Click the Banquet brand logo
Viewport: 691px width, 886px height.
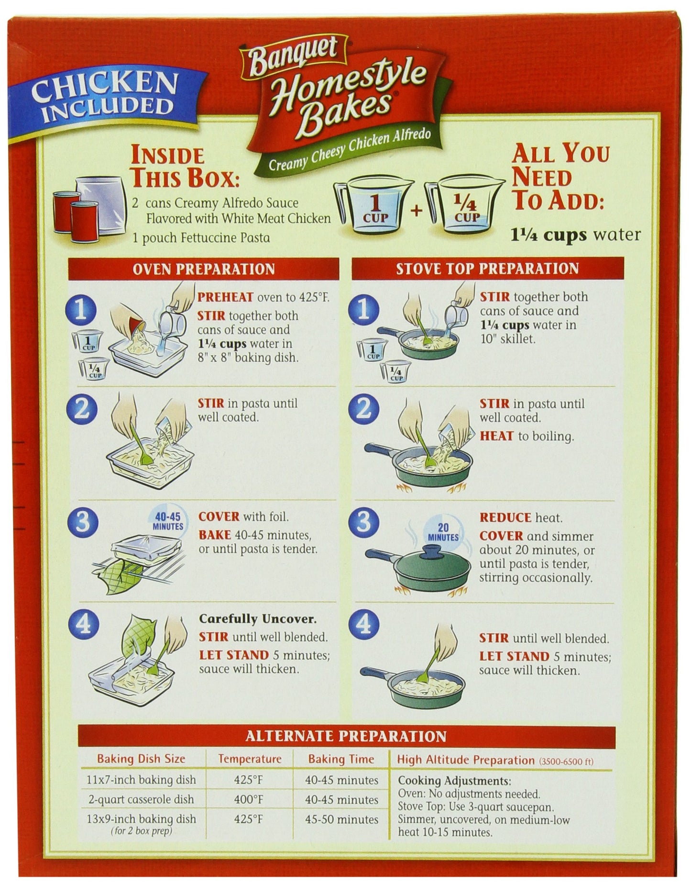tap(293, 56)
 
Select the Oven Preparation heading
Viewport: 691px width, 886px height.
tap(204, 269)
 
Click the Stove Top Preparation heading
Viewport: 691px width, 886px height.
tap(487, 269)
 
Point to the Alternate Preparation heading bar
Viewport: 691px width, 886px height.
tap(347, 736)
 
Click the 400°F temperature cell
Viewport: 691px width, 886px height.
tap(249, 799)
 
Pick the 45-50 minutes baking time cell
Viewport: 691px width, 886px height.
tap(341, 819)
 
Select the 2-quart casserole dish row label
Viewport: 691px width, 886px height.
tap(141, 799)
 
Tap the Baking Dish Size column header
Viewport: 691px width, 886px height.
tap(141, 759)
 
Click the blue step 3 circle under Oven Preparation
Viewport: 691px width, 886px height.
tap(83, 521)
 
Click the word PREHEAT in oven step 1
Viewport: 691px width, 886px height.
tap(225, 297)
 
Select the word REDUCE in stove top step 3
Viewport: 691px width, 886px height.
tap(505, 517)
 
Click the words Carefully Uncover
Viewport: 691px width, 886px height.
tap(258, 619)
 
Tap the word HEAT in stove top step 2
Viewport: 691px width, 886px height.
tap(496, 436)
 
